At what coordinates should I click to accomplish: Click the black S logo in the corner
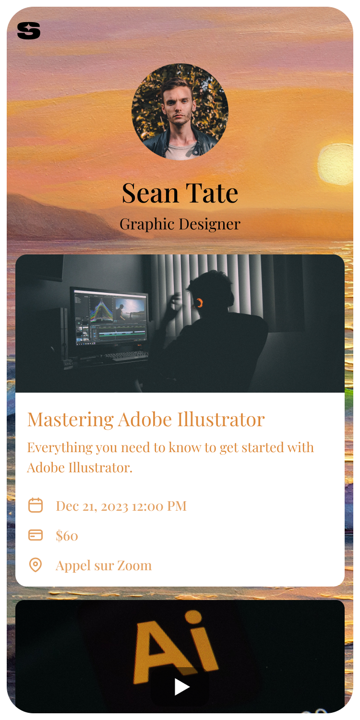click(x=29, y=31)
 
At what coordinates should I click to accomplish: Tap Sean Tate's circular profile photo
click(x=180, y=112)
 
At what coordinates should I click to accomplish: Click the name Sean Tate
click(x=180, y=193)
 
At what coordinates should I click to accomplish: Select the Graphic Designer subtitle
click(x=180, y=224)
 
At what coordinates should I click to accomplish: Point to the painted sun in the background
click(x=336, y=164)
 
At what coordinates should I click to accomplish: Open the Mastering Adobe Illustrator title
click(x=146, y=420)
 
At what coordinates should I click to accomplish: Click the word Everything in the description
click(x=60, y=448)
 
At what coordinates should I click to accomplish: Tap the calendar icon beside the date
click(x=36, y=505)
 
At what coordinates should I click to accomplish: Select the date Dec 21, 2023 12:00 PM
click(x=121, y=506)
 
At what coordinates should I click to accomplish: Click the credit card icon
click(x=36, y=535)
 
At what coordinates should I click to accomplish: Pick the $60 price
click(x=67, y=536)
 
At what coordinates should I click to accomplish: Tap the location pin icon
click(x=36, y=565)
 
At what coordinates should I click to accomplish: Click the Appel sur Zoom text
click(x=104, y=566)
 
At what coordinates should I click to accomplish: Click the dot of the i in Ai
click(x=193, y=617)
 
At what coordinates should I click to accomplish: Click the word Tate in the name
click(x=212, y=193)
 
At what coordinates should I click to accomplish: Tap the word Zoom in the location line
click(x=134, y=565)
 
